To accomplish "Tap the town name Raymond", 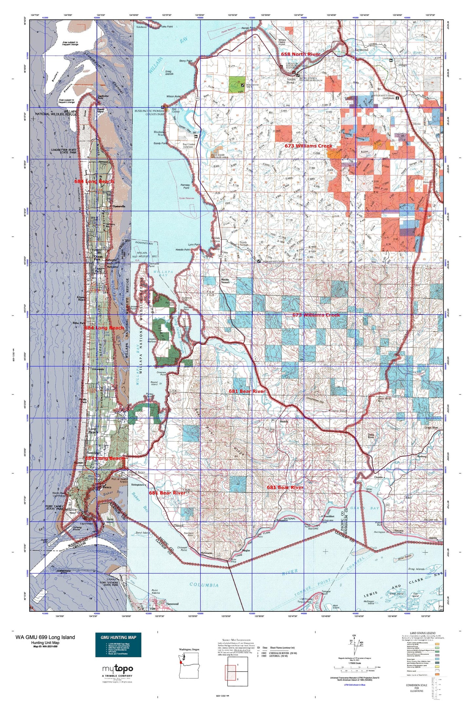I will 361,50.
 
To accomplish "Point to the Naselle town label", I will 283,421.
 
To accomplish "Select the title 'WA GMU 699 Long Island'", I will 45,637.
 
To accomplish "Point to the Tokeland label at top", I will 141,27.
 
